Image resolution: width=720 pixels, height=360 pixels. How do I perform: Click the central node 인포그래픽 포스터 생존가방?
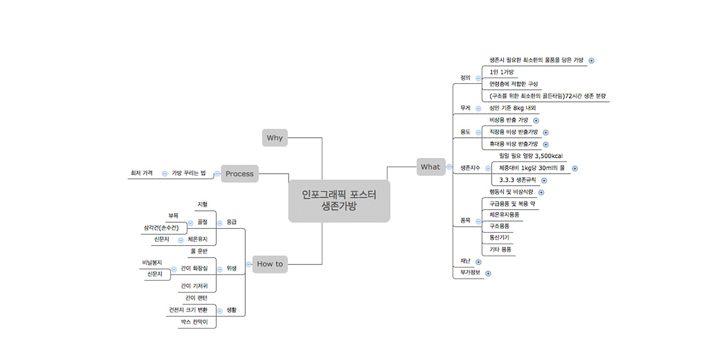coord(339,201)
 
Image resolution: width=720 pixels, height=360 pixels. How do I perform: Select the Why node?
coord(274,138)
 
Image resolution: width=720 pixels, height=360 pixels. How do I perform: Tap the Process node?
coord(240,174)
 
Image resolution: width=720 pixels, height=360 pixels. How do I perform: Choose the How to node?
coord(270,264)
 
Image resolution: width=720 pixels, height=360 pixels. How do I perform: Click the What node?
coord(430,166)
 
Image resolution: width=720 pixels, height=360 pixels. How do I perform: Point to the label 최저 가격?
coord(141,173)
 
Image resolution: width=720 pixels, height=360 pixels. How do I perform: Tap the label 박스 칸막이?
coord(194,322)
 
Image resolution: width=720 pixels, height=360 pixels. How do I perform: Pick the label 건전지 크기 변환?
coord(188,310)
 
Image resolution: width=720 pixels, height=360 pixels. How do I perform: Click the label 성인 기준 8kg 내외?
coord(512,108)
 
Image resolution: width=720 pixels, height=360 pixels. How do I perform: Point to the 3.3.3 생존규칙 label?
coord(517,180)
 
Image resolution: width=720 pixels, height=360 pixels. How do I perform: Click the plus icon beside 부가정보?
coord(488,273)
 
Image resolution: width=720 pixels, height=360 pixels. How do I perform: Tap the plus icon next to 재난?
coord(478,262)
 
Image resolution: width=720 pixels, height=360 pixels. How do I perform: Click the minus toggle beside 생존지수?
coord(488,168)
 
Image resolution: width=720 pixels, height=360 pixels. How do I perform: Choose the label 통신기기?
coord(499,237)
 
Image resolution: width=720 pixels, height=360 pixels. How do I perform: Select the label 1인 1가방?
coord(501,72)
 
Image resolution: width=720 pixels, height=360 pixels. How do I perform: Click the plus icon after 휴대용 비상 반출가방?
coord(546,145)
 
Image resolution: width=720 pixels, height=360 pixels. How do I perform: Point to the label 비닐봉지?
coord(152,263)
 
